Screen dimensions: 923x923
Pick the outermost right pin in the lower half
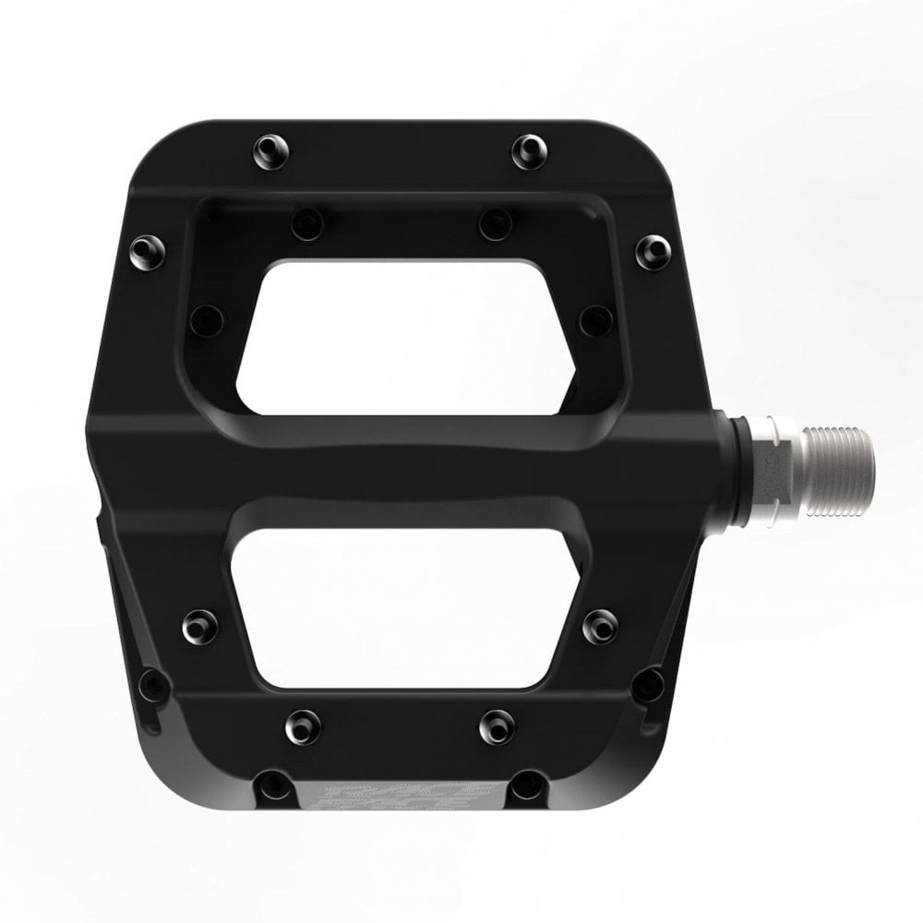[651, 683]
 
